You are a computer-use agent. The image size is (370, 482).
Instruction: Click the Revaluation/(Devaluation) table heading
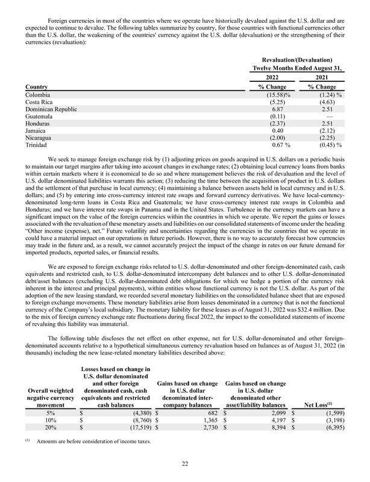tap(297, 61)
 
